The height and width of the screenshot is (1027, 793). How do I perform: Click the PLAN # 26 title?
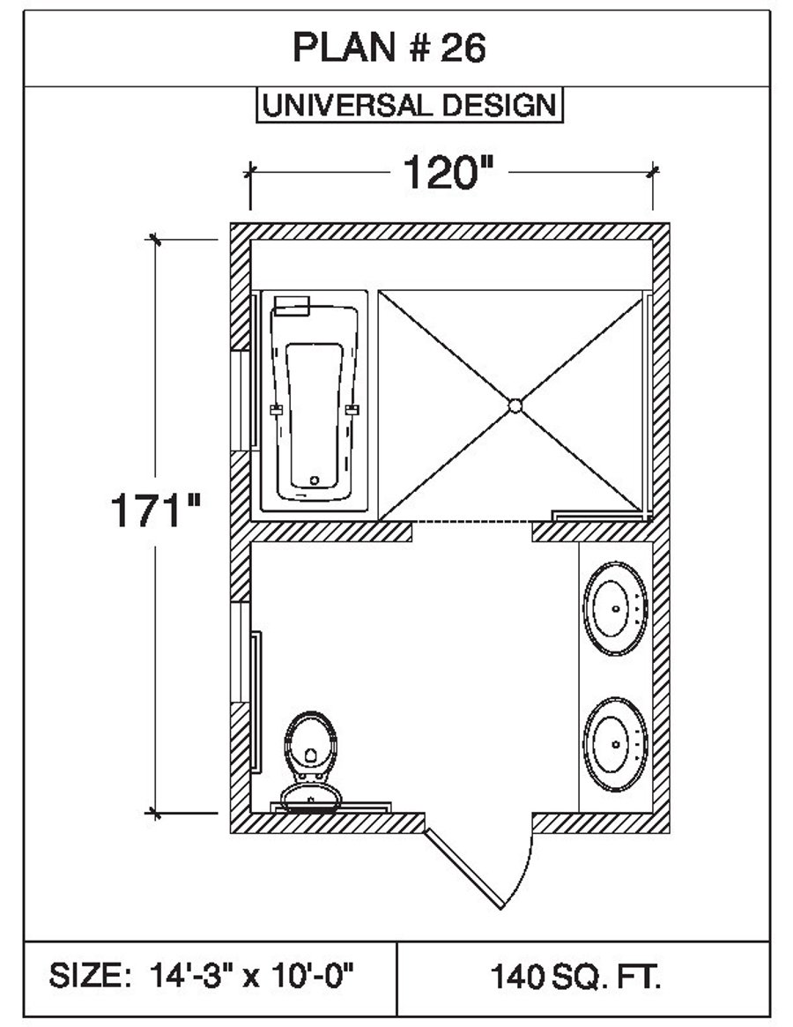(389, 49)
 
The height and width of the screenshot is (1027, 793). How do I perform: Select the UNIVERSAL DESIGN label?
(409, 105)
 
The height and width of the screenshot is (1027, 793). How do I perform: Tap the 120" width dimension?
(447, 172)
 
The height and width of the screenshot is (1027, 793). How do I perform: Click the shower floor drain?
(515, 406)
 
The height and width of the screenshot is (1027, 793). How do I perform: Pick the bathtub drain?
(315, 481)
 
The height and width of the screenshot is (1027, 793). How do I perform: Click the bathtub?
(315, 402)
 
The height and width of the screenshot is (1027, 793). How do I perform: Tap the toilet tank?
(309, 799)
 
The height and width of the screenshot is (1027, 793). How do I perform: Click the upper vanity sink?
(614, 608)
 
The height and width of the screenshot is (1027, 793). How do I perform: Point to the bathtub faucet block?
(292, 306)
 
